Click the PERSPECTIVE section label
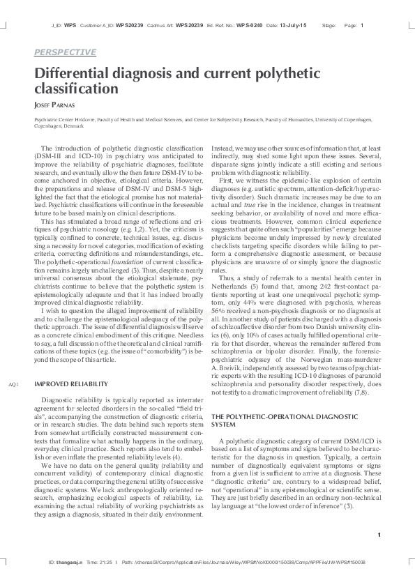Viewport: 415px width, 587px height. click(65, 52)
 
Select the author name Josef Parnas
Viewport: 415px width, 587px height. click(56, 105)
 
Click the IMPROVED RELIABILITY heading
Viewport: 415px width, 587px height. click(70, 384)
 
